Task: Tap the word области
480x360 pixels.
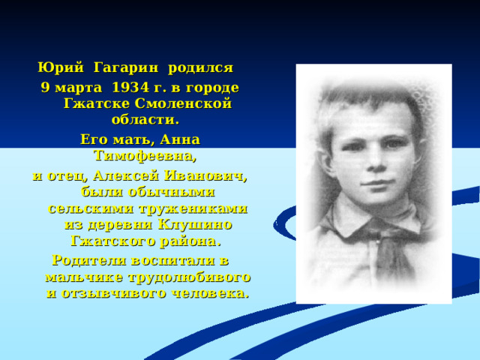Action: (145, 119)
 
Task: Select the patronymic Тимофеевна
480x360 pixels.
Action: (144, 157)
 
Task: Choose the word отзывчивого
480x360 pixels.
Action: (111, 292)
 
